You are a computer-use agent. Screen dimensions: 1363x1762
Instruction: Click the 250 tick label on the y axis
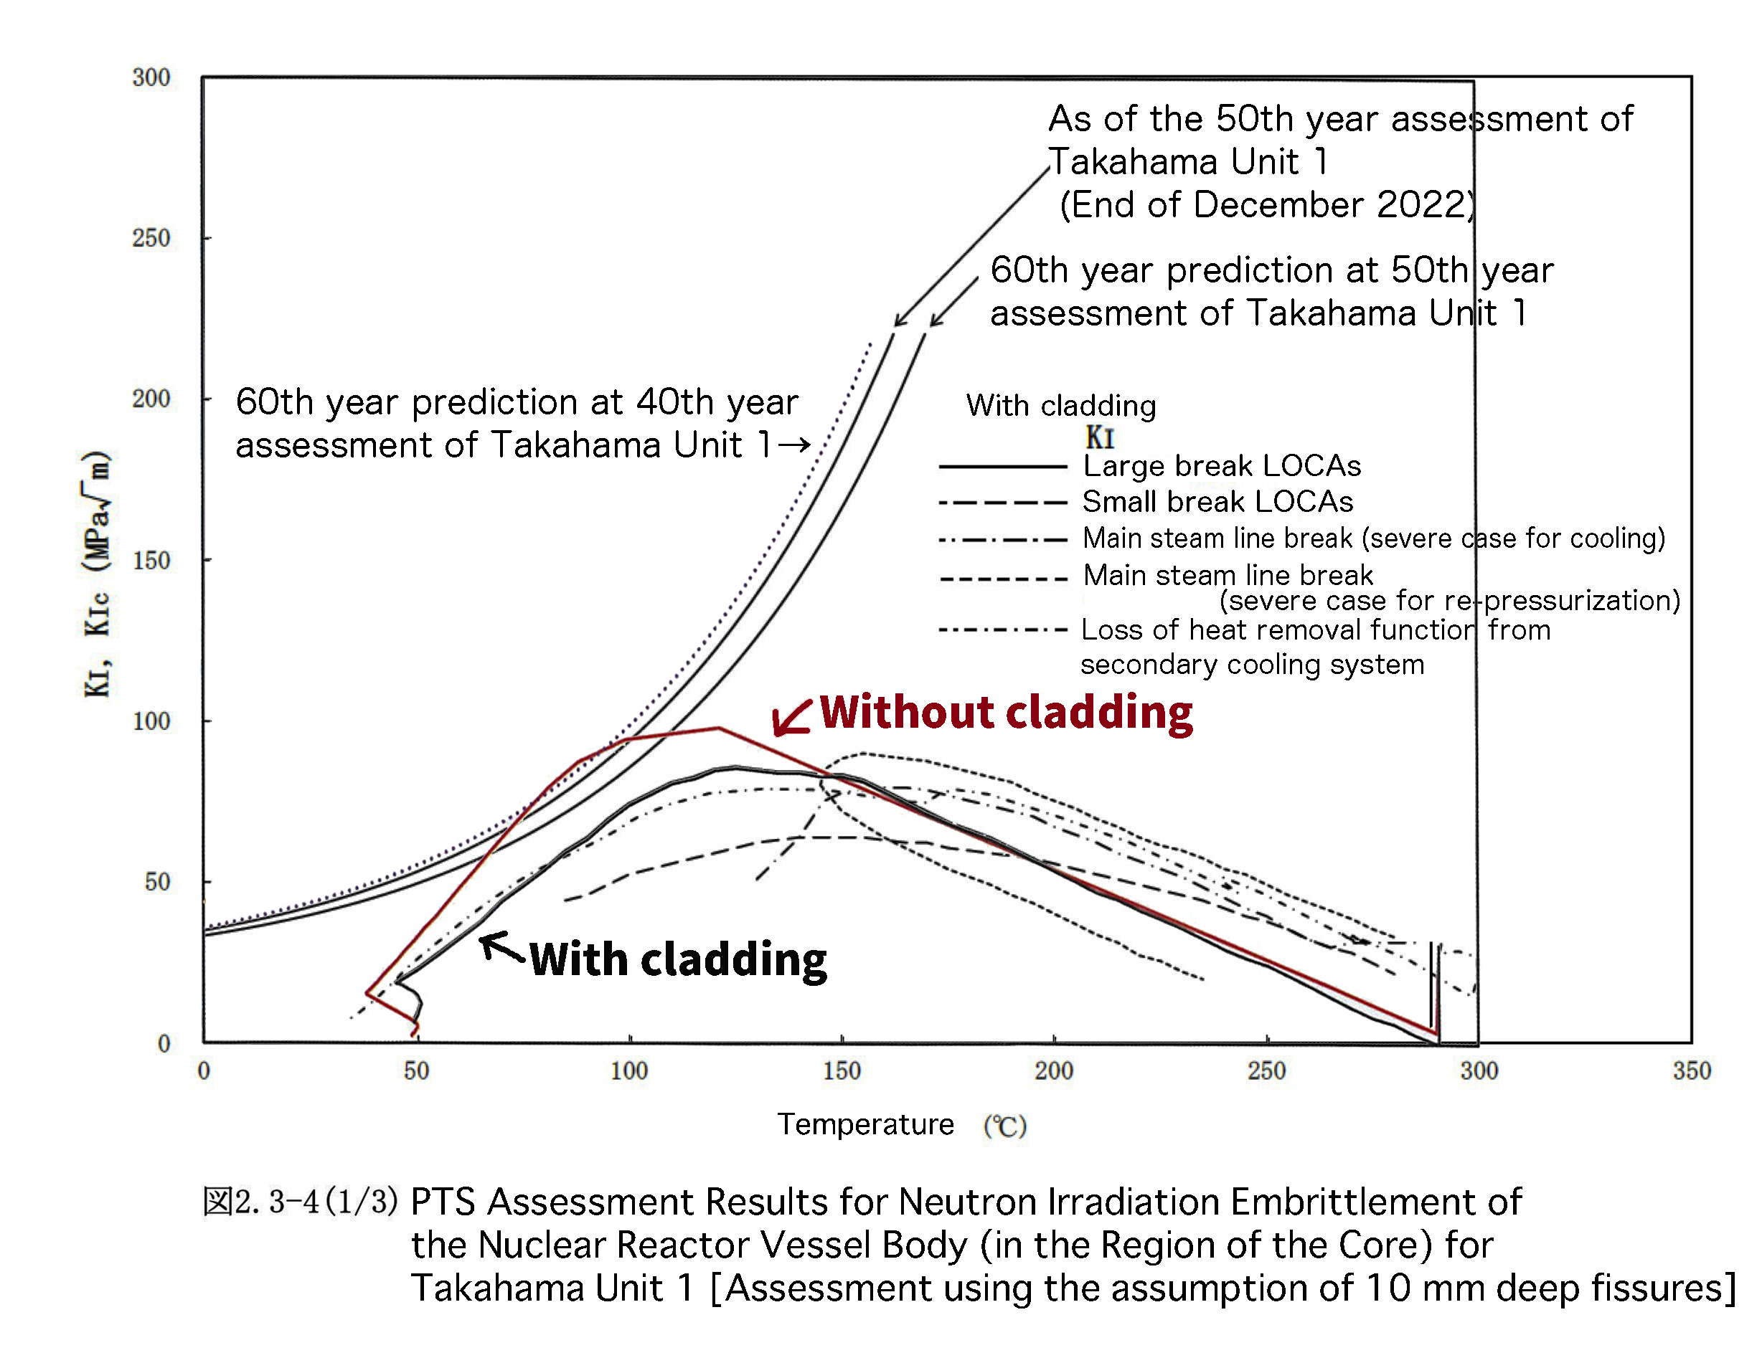151,238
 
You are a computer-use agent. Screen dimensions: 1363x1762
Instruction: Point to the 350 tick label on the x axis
1691,1071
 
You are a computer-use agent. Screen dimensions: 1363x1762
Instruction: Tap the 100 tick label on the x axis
628,1071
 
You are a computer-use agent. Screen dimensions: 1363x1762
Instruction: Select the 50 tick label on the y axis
157,881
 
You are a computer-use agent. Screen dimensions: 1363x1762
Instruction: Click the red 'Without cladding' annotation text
1006,713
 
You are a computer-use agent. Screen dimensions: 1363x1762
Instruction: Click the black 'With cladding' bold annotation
678,960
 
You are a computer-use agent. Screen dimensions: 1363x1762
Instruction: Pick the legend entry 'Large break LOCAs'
1222,466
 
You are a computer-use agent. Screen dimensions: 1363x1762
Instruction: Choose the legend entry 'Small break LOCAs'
1217,502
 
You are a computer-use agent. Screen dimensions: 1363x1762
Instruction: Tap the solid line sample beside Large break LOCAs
1003,466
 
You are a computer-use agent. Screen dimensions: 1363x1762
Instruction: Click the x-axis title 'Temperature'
866,1124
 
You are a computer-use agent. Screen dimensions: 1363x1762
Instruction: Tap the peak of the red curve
718,728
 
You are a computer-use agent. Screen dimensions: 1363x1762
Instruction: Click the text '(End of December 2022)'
1268,205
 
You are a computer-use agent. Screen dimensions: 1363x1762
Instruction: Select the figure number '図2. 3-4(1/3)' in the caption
300,1202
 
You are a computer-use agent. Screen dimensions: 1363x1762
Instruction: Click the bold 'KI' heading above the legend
1100,437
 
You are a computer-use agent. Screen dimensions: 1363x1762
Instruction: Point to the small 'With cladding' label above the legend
1061,406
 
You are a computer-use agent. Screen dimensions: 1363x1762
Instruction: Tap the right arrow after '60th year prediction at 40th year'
795,445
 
